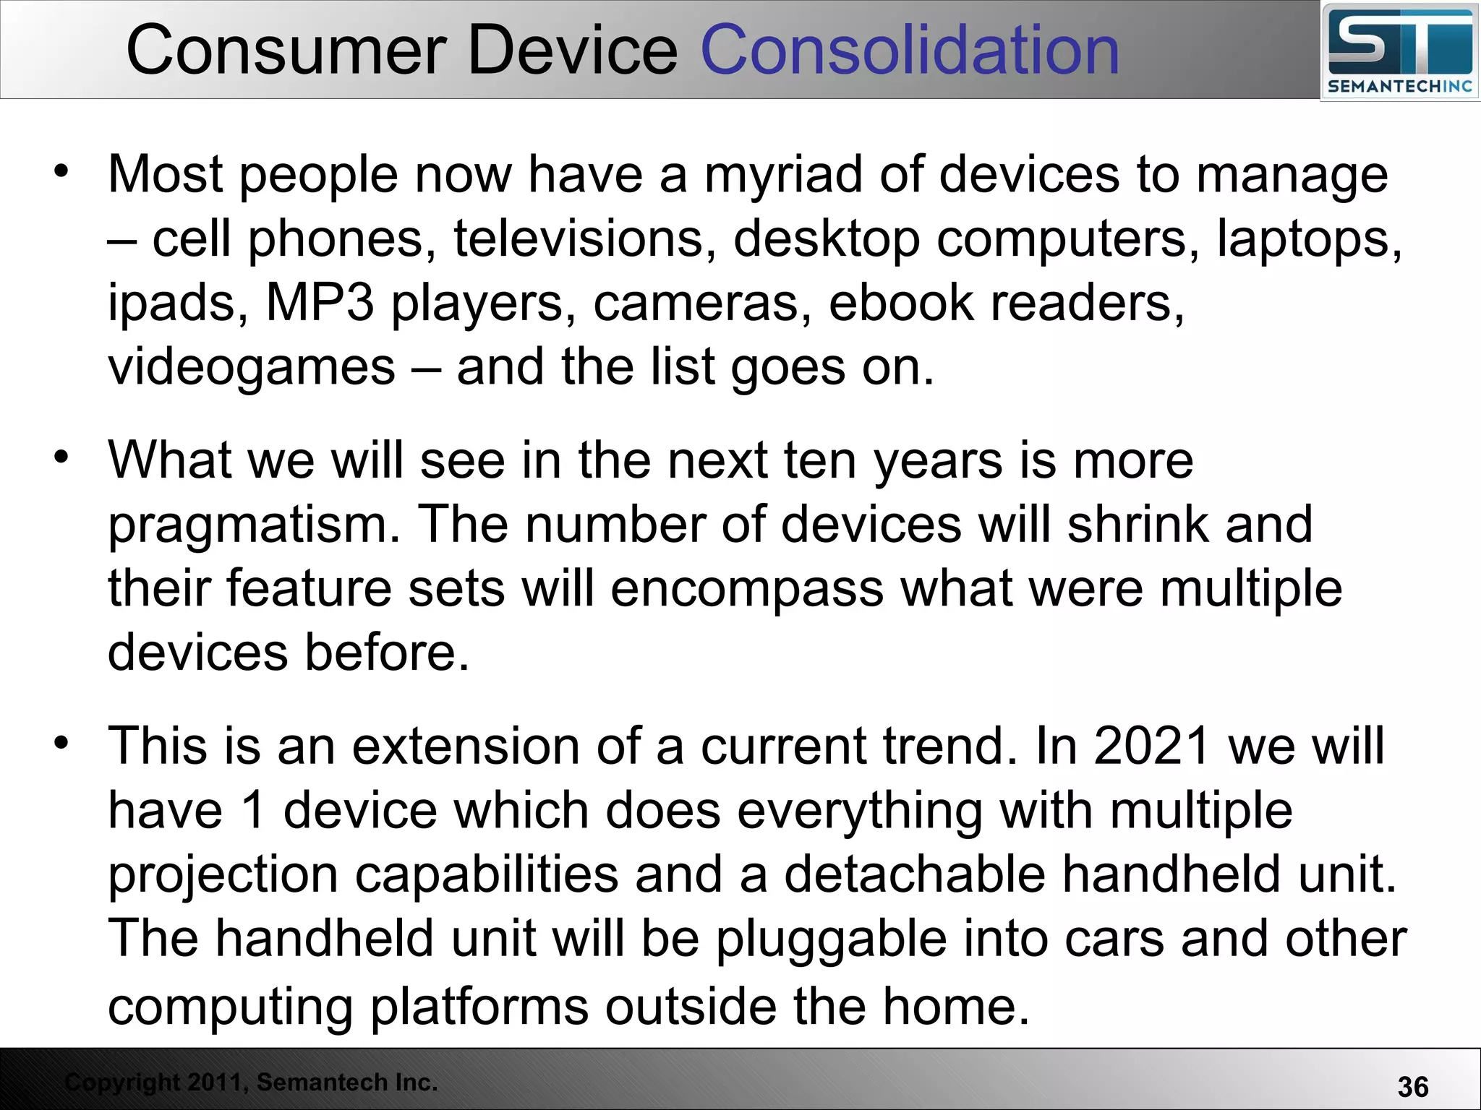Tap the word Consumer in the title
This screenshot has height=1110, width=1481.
[x=286, y=51]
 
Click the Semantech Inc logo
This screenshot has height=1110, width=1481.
[x=1399, y=52]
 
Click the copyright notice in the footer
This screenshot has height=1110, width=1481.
[x=251, y=1082]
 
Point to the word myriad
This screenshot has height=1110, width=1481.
[x=783, y=176]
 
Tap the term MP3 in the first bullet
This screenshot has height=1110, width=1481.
[x=320, y=302]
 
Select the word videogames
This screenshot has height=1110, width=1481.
[x=252, y=367]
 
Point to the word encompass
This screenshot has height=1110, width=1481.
[x=746, y=588]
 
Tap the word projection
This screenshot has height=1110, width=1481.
[x=223, y=874]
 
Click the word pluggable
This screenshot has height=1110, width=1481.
[x=831, y=939]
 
